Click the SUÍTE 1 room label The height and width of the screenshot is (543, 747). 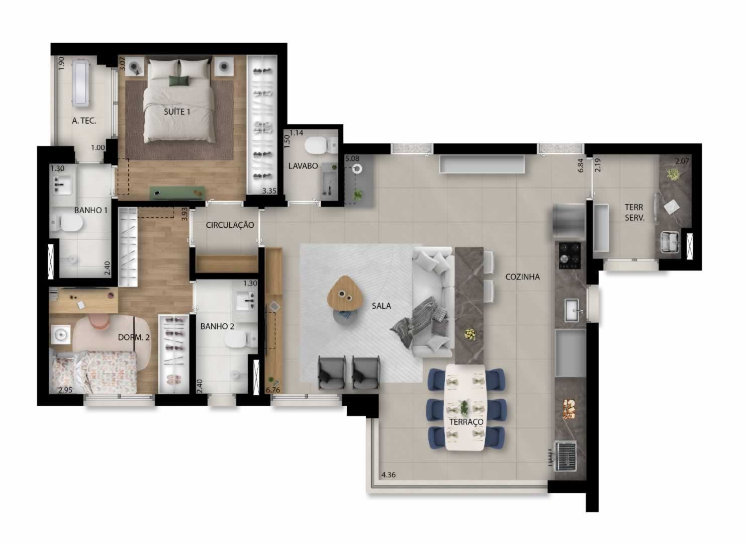177,112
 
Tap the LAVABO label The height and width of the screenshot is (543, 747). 303,166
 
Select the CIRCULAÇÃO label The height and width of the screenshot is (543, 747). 230,225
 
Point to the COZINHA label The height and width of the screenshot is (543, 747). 522,277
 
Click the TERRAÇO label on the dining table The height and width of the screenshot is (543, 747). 466,422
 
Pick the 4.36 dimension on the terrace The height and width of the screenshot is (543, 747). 389,475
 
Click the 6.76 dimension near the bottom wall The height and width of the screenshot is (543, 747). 273,390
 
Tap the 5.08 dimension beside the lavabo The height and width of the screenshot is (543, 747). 352,158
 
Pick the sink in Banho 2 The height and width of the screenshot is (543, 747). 246,301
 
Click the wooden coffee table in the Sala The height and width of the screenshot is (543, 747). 344,294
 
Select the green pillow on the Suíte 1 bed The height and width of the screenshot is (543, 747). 178,81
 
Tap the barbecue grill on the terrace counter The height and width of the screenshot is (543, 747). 565,456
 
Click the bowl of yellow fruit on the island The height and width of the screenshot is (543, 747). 470,333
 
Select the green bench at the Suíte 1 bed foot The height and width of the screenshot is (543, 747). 177,193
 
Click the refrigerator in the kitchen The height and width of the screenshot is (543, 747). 569,221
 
